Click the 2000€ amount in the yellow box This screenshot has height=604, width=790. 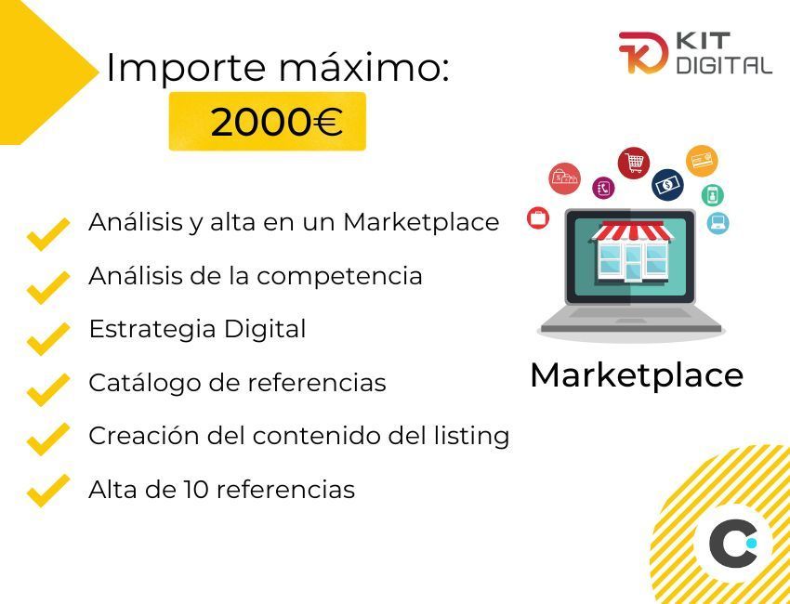pyautogui.click(x=277, y=122)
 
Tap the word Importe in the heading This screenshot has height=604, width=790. pyautogui.click(x=186, y=69)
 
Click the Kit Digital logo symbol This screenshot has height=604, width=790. pyautogui.click(x=643, y=52)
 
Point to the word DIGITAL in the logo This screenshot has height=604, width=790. pyautogui.click(x=724, y=65)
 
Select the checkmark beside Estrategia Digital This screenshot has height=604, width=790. pyautogui.click(x=47, y=337)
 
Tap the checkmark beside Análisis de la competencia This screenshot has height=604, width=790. pyautogui.click(x=47, y=286)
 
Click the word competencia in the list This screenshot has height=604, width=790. pyautogui.click(x=339, y=277)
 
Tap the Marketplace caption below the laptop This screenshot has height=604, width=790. pyautogui.click(x=637, y=375)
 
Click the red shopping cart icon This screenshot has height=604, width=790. pyautogui.click(x=633, y=163)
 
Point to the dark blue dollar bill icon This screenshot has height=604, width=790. pyautogui.click(x=667, y=185)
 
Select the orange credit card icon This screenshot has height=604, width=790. pyautogui.click(x=702, y=161)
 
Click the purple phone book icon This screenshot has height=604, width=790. pyautogui.click(x=603, y=188)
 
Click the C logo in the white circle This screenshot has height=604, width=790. pyautogui.click(x=732, y=544)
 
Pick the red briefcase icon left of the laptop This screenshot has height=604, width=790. pyautogui.click(x=538, y=218)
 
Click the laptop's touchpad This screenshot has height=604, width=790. pyautogui.click(x=631, y=321)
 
